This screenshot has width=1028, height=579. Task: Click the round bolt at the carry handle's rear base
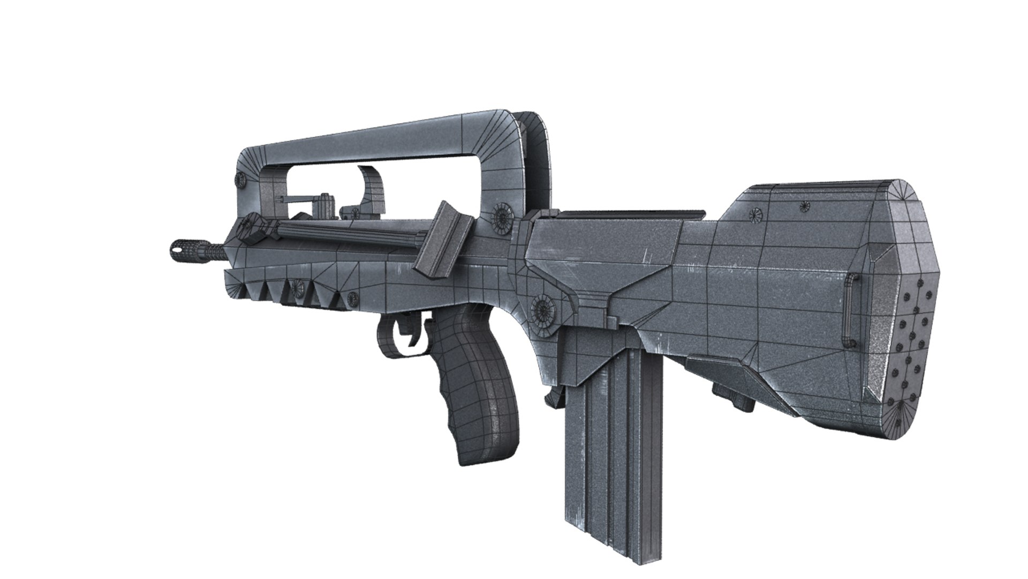point(504,216)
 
